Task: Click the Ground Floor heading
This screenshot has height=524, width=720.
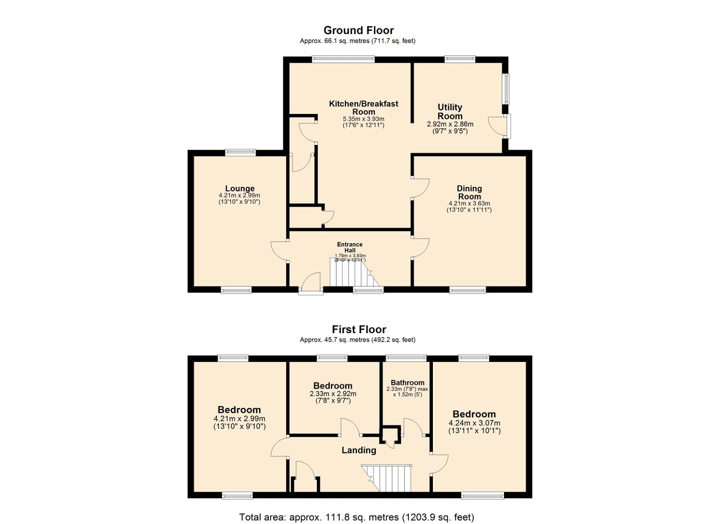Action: pos(358,31)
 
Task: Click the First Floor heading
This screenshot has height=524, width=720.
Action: pos(359,330)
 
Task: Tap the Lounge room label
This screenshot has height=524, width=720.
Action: pos(240,188)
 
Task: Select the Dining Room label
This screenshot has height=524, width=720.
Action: pos(469,192)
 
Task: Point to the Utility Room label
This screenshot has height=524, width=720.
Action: pos(450,112)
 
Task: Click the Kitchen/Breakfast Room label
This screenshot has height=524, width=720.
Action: pos(364,108)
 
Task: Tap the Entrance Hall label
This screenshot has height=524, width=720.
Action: pos(350,247)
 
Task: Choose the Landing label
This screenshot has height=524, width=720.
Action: pos(359,450)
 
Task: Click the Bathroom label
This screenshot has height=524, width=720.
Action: pos(408,383)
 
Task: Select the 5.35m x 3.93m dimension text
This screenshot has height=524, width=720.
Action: pos(364,119)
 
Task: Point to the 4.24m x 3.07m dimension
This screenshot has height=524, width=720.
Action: pos(474,423)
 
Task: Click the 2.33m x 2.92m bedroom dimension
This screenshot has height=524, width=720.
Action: pos(333,394)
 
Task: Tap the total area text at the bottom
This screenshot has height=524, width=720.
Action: pos(357,517)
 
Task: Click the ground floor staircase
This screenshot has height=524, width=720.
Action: pos(355,273)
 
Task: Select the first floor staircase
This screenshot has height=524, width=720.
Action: pos(387,478)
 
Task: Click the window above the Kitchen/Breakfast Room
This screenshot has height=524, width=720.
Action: pos(343,59)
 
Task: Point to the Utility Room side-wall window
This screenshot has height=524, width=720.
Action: pos(506,89)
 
